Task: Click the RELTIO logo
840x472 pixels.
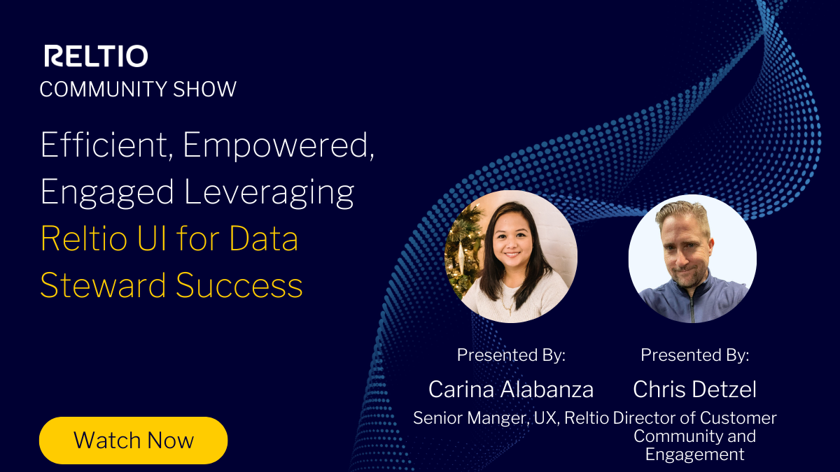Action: tap(96, 56)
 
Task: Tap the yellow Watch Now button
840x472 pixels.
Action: tap(134, 441)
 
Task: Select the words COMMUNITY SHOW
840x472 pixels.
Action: tap(138, 90)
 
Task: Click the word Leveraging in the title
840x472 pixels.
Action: tap(269, 192)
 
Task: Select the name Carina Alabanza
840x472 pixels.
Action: tap(511, 389)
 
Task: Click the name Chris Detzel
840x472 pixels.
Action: tap(694, 389)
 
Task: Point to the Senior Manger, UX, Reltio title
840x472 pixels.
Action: tap(511, 418)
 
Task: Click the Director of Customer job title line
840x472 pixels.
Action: tap(694, 418)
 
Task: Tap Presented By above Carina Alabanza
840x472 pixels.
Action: tap(511, 355)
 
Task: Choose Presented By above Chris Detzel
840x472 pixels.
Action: tap(694, 355)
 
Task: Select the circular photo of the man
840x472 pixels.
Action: tap(692, 258)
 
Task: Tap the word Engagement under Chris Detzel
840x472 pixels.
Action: tap(694, 455)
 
